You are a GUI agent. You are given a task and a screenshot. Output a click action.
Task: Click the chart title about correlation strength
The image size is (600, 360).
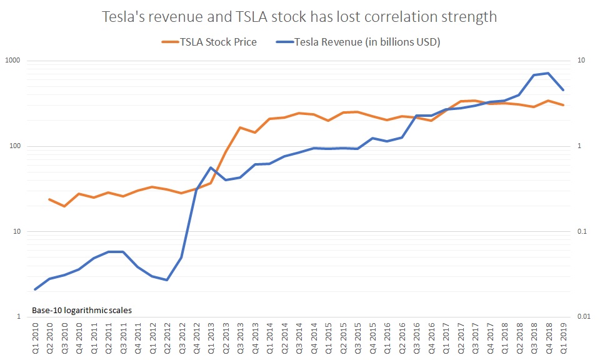tap(300, 17)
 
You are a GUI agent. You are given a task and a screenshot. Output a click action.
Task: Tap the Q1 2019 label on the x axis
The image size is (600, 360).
tap(564, 337)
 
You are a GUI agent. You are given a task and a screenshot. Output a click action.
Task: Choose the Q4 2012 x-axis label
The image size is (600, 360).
tap(197, 337)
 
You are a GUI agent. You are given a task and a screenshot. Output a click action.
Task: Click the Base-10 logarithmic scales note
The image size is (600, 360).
tap(81, 309)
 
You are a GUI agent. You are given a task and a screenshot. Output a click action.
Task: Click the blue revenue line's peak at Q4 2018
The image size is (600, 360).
tap(548, 73)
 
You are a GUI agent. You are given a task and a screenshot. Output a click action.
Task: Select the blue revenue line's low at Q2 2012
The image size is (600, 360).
tap(167, 280)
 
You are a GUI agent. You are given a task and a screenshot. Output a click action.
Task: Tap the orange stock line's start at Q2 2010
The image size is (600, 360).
tap(49, 199)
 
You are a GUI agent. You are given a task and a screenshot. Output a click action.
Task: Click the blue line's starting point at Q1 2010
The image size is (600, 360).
tap(35, 289)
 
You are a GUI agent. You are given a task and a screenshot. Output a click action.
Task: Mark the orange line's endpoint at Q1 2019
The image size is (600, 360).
tap(563, 105)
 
